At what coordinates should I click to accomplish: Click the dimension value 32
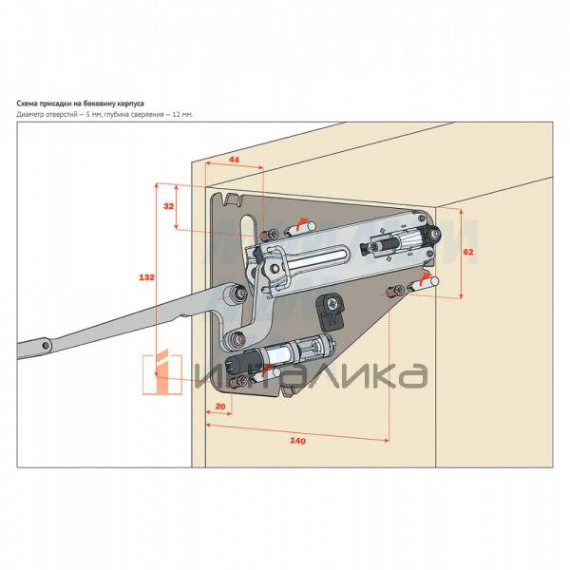click(168, 205)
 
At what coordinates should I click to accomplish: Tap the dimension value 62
click(468, 252)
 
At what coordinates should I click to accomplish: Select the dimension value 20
click(220, 407)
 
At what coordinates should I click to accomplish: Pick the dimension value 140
click(298, 441)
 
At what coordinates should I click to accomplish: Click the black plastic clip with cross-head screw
click(331, 306)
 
